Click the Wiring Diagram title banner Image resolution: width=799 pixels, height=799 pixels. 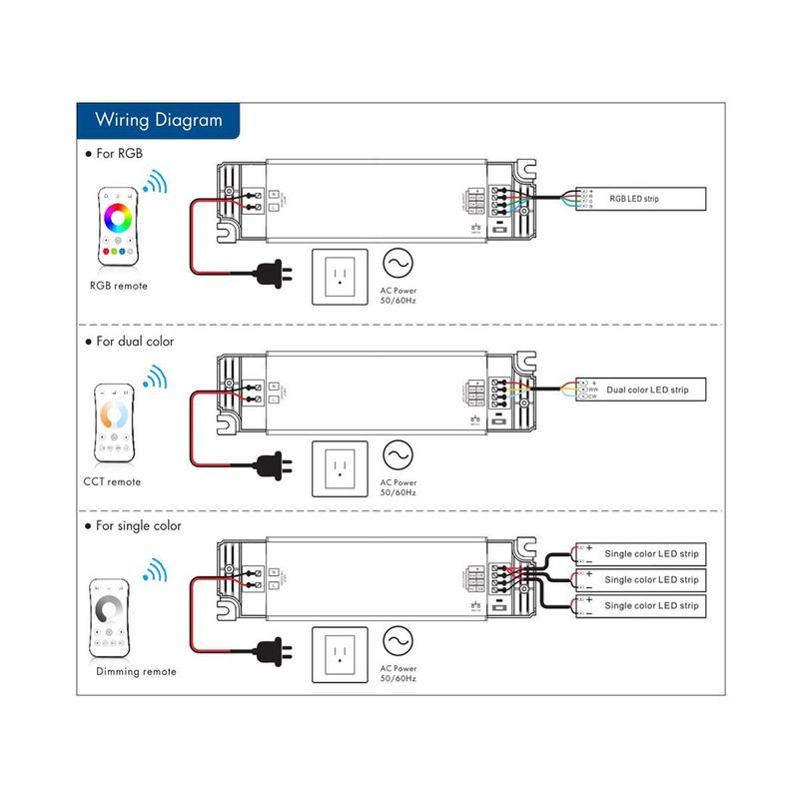tap(158, 121)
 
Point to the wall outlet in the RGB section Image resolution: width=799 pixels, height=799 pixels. tap(341, 277)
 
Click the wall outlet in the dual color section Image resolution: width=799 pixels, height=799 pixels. tap(341, 469)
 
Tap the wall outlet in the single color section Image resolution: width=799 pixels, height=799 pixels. tap(341, 656)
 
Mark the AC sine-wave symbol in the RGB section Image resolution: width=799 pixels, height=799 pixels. tap(398, 264)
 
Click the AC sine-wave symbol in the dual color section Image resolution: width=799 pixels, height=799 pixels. tap(398, 455)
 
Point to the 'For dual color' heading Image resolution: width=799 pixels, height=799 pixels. tap(135, 342)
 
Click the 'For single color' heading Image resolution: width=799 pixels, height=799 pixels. tap(139, 525)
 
